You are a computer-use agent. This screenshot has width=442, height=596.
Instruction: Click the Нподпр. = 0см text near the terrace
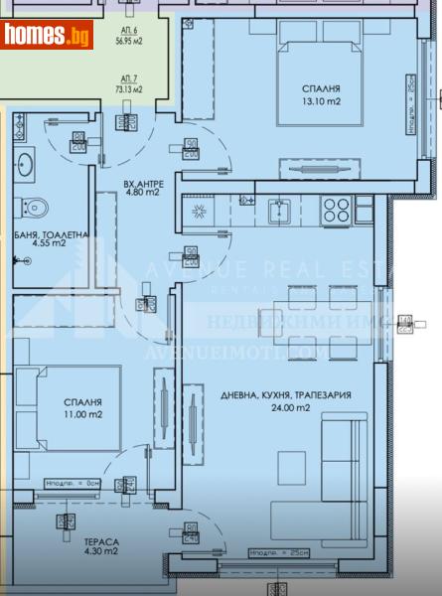(x=72, y=484)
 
